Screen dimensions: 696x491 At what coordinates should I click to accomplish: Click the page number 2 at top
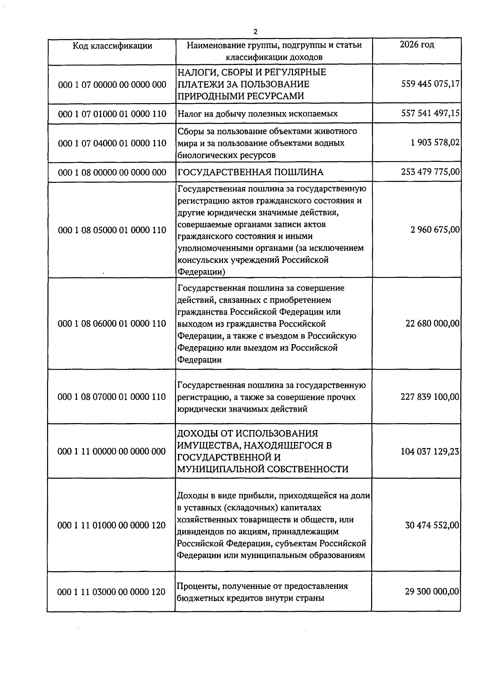(256, 32)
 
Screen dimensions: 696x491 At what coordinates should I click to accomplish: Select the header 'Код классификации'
(112, 45)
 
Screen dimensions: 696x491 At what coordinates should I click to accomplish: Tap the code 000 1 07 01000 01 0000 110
(112, 114)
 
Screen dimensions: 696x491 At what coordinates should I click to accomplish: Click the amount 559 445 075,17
(430, 84)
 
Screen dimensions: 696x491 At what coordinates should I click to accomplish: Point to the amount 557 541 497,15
(430, 113)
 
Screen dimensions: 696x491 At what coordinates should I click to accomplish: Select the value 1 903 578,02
(435, 143)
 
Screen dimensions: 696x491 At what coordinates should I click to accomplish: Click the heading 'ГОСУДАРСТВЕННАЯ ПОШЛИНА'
(250, 172)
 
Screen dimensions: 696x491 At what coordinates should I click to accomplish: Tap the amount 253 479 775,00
(430, 172)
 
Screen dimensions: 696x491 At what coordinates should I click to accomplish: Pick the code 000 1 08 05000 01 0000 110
(112, 230)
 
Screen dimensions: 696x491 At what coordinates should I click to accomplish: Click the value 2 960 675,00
(435, 230)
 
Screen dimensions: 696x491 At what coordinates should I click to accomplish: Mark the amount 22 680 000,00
(432, 324)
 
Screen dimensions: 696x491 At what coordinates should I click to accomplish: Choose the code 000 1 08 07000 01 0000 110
(112, 397)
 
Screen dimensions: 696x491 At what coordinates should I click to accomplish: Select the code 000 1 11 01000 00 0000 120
(112, 525)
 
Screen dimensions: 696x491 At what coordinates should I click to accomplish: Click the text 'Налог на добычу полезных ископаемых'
(258, 114)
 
